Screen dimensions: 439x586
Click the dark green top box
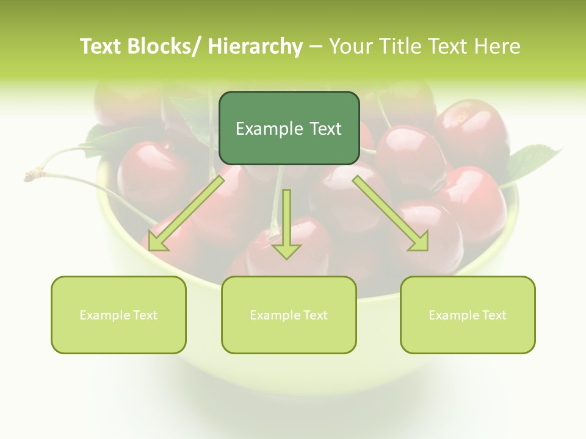pyautogui.click(x=289, y=128)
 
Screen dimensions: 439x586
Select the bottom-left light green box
pyautogui.click(x=118, y=315)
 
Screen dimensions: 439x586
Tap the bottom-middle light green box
pyautogui.click(x=289, y=315)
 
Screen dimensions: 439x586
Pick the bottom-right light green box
pyautogui.click(x=468, y=315)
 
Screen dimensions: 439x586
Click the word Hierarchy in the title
pyautogui.click(x=255, y=46)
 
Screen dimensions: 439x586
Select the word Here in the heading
pyautogui.click(x=497, y=46)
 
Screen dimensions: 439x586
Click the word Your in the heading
pyautogui.click(x=351, y=46)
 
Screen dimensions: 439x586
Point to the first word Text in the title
pyautogui.click(x=101, y=46)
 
